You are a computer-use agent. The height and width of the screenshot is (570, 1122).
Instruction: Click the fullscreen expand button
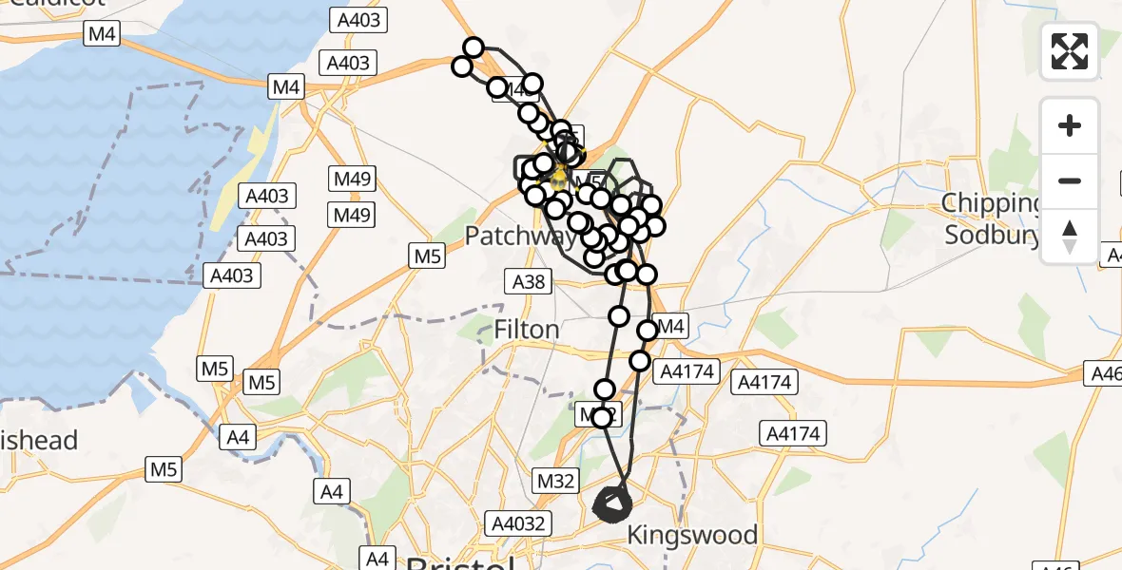1070,51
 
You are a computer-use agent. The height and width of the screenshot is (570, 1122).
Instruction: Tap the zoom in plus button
1070,126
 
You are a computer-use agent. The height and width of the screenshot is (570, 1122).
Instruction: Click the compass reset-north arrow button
1070,237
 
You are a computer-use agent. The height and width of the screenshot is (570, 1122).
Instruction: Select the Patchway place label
518,236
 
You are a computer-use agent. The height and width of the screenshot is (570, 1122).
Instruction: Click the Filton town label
527,330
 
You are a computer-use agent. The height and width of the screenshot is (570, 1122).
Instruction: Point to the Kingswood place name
692,535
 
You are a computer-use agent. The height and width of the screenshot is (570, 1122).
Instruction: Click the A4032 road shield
517,522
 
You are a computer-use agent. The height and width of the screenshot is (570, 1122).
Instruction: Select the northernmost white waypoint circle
474,47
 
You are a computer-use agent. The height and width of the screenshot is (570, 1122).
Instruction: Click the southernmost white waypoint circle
601,418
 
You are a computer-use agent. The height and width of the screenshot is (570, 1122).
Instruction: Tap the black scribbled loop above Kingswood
611,504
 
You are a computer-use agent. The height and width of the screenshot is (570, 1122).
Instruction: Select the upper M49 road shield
353,178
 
